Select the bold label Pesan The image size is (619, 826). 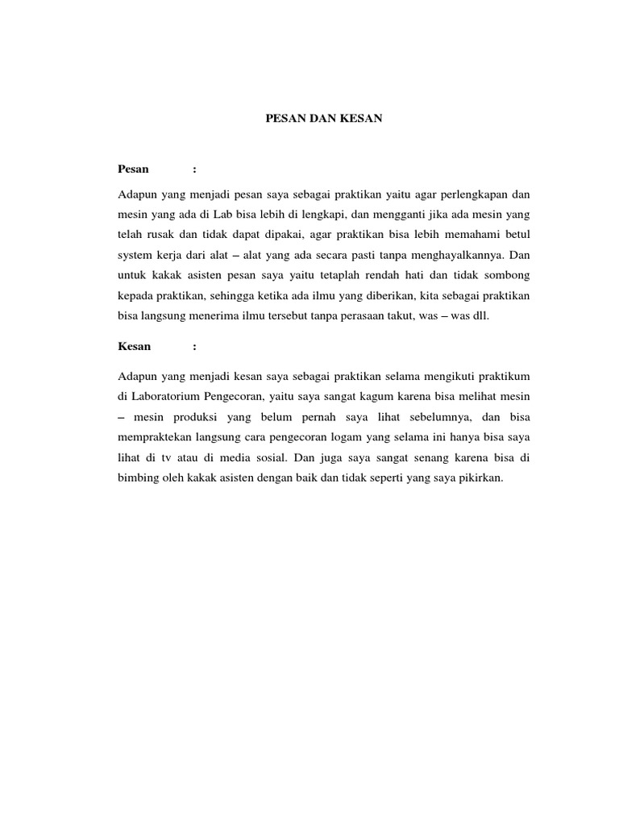pos(134,169)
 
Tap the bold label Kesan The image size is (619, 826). pos(135,347)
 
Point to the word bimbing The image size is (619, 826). pos(139,478)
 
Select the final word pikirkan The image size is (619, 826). pos(480,478)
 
